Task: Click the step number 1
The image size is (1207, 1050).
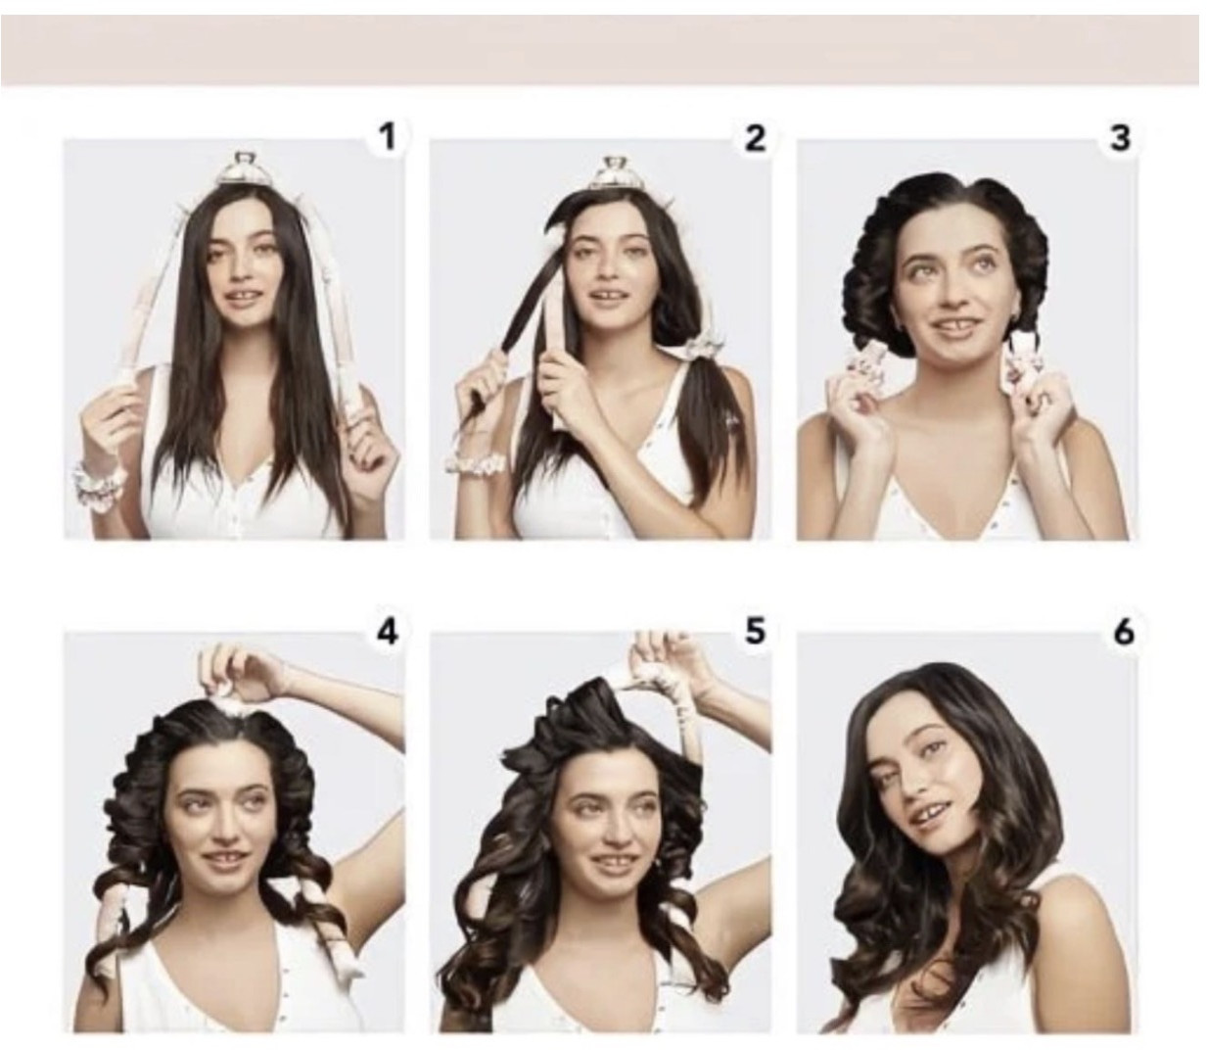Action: (387, 138)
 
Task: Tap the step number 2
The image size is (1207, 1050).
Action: (754, 139)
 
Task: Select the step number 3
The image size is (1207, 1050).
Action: (1120, 139)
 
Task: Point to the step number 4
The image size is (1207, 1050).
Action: (388, 632)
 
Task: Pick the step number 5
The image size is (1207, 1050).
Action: (755, 632)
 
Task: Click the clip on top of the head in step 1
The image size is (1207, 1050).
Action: (242, 170)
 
